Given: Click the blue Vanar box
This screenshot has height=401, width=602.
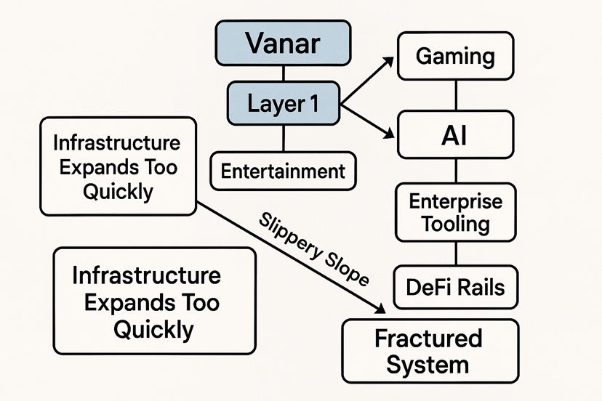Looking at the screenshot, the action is [283, 43].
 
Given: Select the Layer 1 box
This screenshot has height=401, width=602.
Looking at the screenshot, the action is [284, 103].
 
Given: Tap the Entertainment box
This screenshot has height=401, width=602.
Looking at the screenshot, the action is [283, 171].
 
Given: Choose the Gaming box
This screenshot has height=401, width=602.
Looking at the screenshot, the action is [455, 56].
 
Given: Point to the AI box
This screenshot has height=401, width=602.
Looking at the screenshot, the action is [455, 134].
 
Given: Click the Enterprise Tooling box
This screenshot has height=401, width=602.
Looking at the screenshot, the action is [456, 212].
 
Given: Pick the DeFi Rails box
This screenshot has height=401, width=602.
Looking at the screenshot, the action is [456, 287].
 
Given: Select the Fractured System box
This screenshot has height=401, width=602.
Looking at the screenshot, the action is [430, 351].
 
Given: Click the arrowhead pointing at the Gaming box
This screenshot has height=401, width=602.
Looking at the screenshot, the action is [388, 62].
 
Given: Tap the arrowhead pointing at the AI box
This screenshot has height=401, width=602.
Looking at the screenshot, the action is [389, 134].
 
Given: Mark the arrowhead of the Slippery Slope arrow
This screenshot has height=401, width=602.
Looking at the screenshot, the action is [380, 308].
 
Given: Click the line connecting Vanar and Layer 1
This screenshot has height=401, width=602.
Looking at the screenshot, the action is [284, 73].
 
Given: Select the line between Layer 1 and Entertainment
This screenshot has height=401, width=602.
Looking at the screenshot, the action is [284, 138].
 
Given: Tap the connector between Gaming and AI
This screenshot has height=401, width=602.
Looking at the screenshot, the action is [456, 95].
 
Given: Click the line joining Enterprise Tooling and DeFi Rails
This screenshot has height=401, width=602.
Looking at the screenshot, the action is [456, 254].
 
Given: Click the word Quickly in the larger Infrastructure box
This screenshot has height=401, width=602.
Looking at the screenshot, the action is [153, 330].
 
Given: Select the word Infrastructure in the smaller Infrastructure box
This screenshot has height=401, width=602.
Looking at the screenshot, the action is [117, 143].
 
